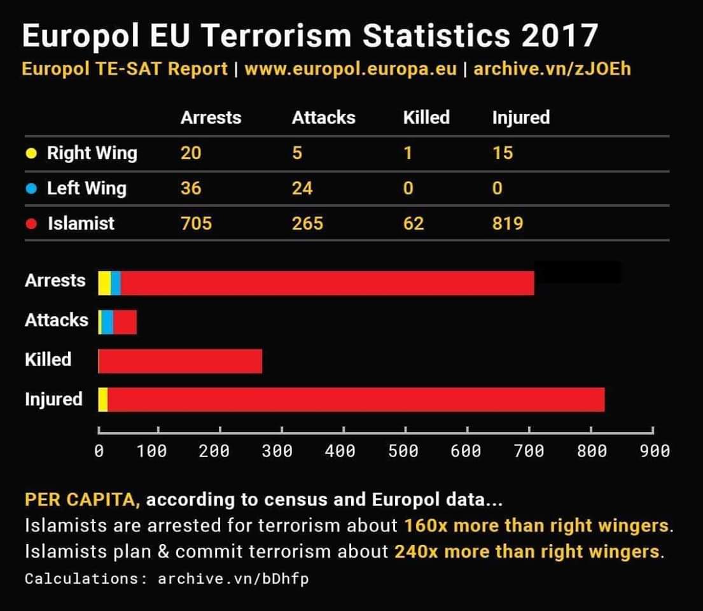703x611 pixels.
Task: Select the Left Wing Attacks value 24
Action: (x=302, y=188)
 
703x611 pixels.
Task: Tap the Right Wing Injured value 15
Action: (x=502, y=153)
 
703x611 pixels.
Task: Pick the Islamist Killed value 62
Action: (x=413, y=223)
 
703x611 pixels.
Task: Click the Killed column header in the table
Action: (x=426, y=118)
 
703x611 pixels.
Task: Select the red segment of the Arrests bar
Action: (x=327, y=283)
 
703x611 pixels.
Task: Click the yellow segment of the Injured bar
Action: (x=102, y=400)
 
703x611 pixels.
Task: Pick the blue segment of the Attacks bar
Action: (x=108, y=322)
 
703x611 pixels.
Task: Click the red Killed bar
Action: (x=180, y=361)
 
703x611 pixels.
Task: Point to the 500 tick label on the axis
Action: (x=403, y=451)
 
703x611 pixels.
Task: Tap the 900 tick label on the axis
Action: (x=654, y=451)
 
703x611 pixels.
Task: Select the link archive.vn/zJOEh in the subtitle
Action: (x=552, y=69)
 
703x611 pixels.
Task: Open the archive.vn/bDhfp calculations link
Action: (x=233, y=579)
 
